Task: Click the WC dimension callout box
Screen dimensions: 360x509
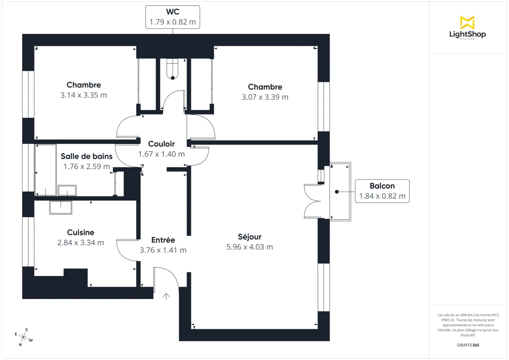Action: click(x=172, y=17)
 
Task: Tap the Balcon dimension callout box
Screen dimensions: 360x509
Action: click(x=382, y=191)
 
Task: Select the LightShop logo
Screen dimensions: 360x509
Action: click(x=467, y=28)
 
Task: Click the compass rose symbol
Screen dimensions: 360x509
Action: click(x=24, y=338)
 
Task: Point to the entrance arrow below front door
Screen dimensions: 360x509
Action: click(x=166, y=296)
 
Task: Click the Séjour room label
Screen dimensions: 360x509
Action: click(x=249, y=237)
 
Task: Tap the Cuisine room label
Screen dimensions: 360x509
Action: click(x=81, y=232)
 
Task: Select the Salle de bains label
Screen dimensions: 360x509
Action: click(x=87, y=156)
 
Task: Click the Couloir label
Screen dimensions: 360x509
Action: click(x=161, y=144)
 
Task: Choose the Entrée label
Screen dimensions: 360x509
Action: click(x=163, y=240)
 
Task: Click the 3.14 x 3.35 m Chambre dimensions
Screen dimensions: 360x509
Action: click(x=84, y=95)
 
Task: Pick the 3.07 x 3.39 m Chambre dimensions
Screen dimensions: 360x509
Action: click(x=265, y=97)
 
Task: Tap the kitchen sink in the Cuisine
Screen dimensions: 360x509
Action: click(x=60, y=207)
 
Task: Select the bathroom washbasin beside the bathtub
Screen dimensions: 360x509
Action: click(x=67, y=191)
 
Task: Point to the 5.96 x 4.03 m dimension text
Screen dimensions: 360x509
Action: click(x=249, y=247)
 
